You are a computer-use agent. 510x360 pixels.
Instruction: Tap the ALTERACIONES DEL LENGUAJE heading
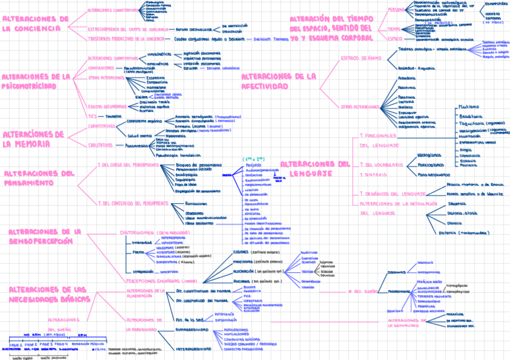point(315,168)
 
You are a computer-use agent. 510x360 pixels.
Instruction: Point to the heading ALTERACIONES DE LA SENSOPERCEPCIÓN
point(45,236)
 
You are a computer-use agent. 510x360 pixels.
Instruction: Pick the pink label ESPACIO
point(395,38)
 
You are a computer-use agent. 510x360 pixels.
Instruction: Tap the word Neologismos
point(429,154)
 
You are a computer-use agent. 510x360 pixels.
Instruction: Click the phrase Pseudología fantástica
point(179,155)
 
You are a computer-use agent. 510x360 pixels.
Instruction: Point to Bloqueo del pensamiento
point(198,165)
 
